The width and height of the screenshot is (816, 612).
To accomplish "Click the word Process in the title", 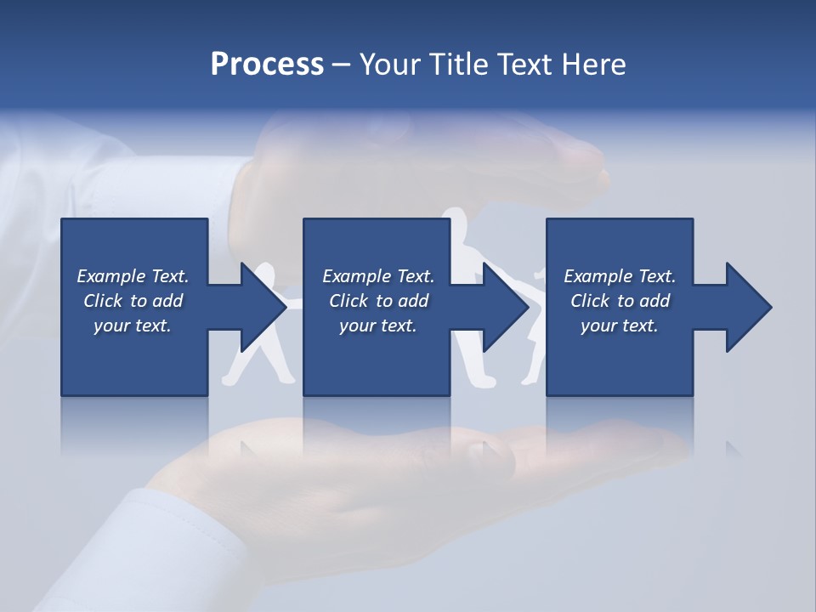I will [x=267, y=65].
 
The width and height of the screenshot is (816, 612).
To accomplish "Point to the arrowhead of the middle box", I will [x=505, y=307].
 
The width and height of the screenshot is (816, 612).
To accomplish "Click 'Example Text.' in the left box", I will [x=133, y=276].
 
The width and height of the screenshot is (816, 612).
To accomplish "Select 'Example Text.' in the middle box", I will [x=378, y=276].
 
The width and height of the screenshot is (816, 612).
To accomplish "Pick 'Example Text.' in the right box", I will [x=620, y=276].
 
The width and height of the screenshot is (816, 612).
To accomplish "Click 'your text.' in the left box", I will [x=133, y=326].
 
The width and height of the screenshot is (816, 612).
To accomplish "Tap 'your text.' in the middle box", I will [x=378, y=326].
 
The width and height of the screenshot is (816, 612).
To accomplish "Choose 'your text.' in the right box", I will [x=620, y=326].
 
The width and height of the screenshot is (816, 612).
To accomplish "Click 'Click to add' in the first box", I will [x=133, y=301].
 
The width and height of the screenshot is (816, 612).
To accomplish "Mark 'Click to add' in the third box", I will [x=620, y=301].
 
